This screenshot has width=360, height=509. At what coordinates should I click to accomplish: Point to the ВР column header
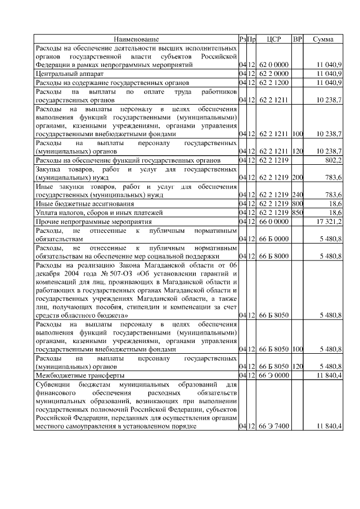pyautogui.click(x=298, y=39)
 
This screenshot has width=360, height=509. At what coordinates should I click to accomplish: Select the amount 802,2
pyautogui.click(x=332, y=160)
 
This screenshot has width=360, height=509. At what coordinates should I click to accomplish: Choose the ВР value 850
pyautogui.click(x=298, y=213)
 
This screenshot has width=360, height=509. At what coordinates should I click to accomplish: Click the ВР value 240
pyautogui.click(x=298, y=195)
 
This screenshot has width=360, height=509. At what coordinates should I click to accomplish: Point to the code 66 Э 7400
pyautogui.click(x=274, y=426)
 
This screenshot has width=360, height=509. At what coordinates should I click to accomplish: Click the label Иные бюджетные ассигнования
pyautogui.click(x=85, y=204)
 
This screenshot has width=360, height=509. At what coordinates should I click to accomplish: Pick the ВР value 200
pyautogui.click(x=298, y=178)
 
